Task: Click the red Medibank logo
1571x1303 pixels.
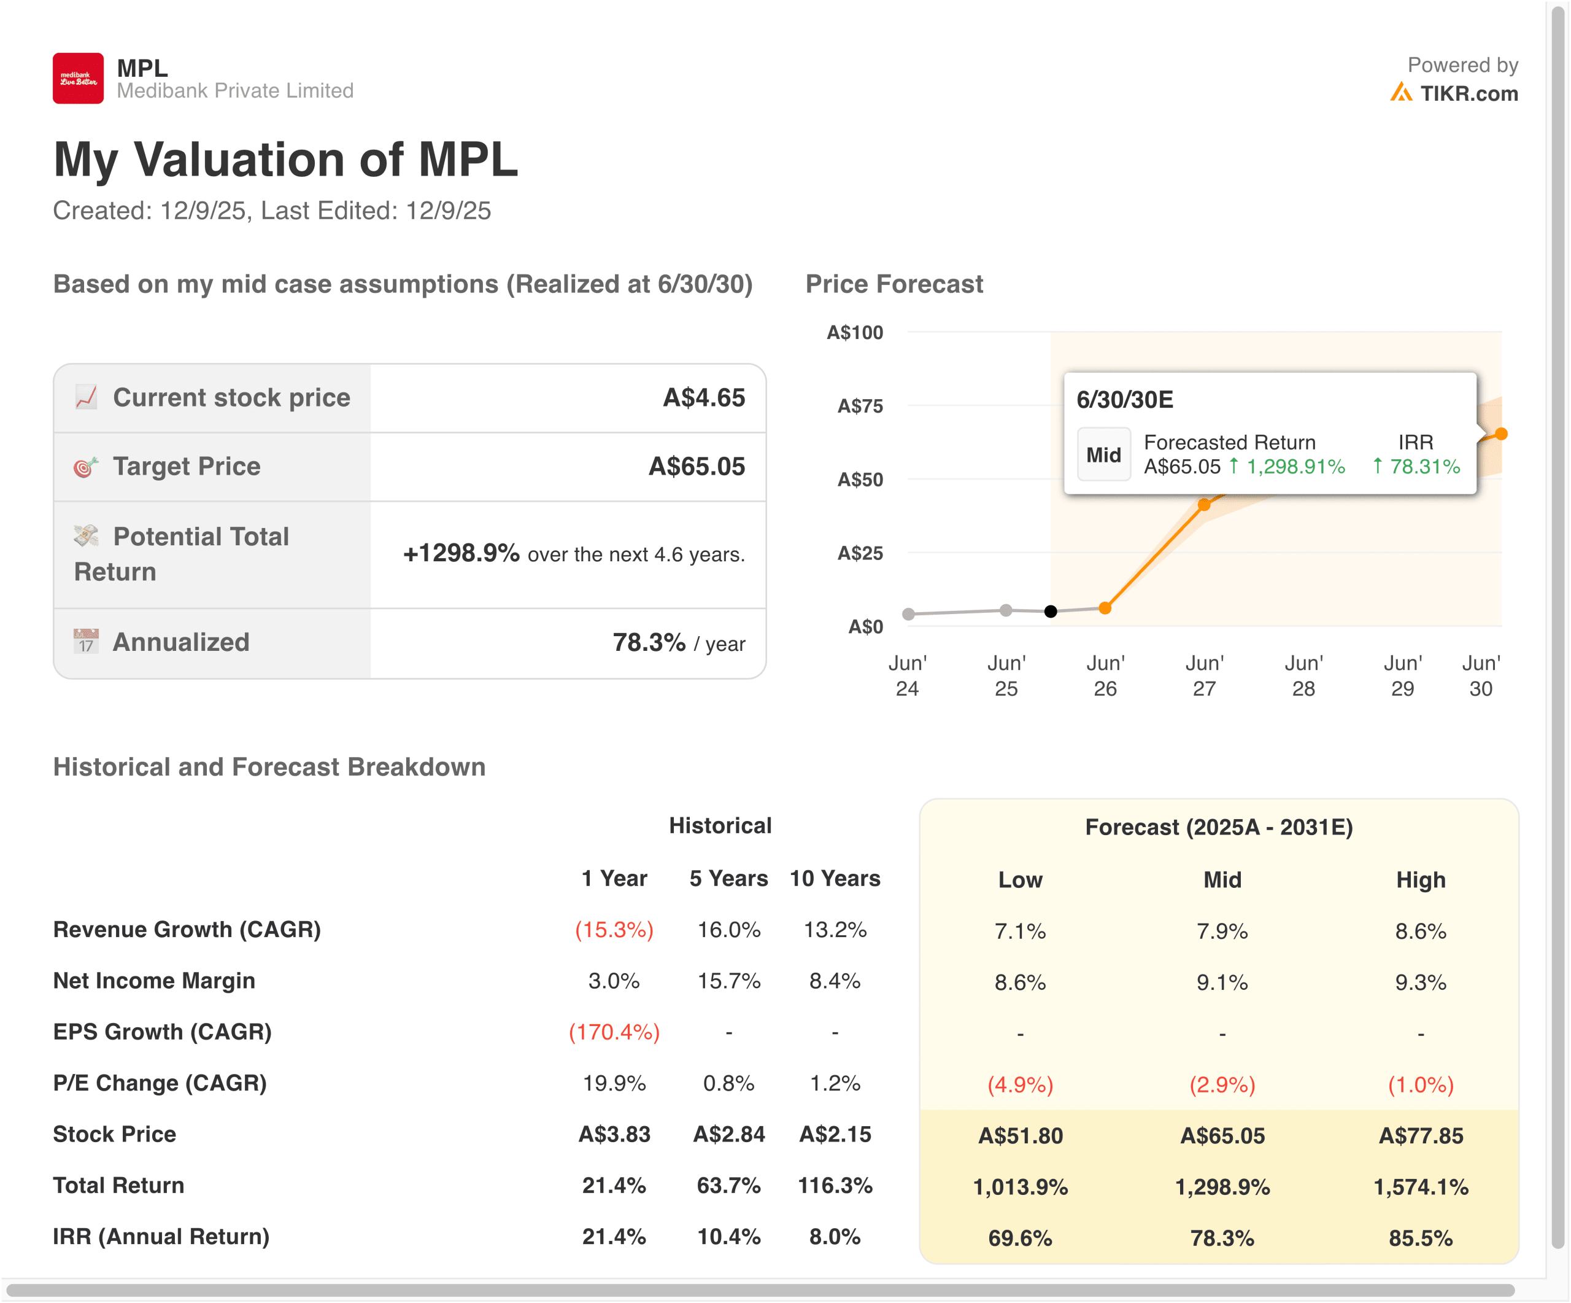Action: click(78, 78)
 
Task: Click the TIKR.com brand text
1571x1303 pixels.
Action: click(1469, 93)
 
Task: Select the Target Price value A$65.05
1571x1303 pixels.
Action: click(696, 466)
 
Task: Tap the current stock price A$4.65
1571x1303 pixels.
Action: click(703, 397)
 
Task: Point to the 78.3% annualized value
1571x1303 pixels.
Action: click(649, 642)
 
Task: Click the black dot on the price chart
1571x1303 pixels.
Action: click(1051, 612)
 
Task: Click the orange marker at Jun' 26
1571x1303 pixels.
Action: click(1105, 608)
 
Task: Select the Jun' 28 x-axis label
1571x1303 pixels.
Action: click(1303, 675)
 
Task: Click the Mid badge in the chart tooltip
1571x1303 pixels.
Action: click(1103, 454)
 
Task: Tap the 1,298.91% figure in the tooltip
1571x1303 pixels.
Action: click(1295, 466)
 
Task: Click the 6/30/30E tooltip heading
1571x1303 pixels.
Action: click(1124, 400)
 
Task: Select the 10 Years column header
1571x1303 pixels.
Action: click(835, 878)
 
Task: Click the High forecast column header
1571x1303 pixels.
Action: click(1420, 879)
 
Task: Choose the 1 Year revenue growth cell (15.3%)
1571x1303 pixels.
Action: click(614, 930)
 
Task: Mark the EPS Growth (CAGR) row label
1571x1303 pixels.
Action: click(163, 1032)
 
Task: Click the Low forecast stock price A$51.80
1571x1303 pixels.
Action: click(1020, 1135)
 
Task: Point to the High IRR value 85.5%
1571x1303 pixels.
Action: click(1420, 1238)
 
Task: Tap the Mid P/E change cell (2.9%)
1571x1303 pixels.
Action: click(1222, 1084)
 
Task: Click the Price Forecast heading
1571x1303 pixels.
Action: click(894, 284)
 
